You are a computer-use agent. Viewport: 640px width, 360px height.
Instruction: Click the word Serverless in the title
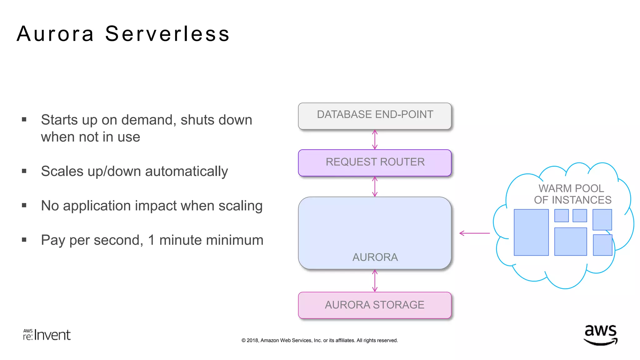[x=167, y=34]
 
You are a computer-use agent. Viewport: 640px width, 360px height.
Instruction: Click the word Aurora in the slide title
[x=55, y=34]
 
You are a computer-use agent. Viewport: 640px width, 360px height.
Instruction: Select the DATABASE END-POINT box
[x=375, y=116]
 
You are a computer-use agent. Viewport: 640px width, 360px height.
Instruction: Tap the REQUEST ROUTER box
[x=375, y=162]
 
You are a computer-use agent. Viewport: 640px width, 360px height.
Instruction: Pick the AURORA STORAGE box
[x=375, y=305]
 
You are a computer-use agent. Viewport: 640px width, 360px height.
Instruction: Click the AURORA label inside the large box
[x=375, y=257]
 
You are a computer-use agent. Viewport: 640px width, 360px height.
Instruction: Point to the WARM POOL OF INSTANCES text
[x=572, y=194]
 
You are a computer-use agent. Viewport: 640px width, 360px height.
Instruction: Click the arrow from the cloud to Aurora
[x=474, y=233]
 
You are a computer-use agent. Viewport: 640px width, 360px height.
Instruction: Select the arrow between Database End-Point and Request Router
[x=375, y=140]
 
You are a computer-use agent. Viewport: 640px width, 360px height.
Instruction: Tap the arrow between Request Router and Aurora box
[x=375, y=187]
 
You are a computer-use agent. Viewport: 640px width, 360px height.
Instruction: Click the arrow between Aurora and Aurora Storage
[x=375, y=281]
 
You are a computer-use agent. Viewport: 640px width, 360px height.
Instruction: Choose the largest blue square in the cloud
[x=531, y=232]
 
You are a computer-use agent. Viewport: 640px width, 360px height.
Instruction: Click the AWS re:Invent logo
[x=47, y=335]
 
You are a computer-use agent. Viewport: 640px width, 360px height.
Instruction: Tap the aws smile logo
[x=600, y=335]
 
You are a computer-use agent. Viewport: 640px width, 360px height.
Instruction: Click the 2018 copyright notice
[x=319, y=340]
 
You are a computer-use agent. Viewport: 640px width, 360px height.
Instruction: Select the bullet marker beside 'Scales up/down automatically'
[x=24, y=171]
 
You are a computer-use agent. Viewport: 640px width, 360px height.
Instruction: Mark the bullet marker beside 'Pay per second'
[x=24, y=240]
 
